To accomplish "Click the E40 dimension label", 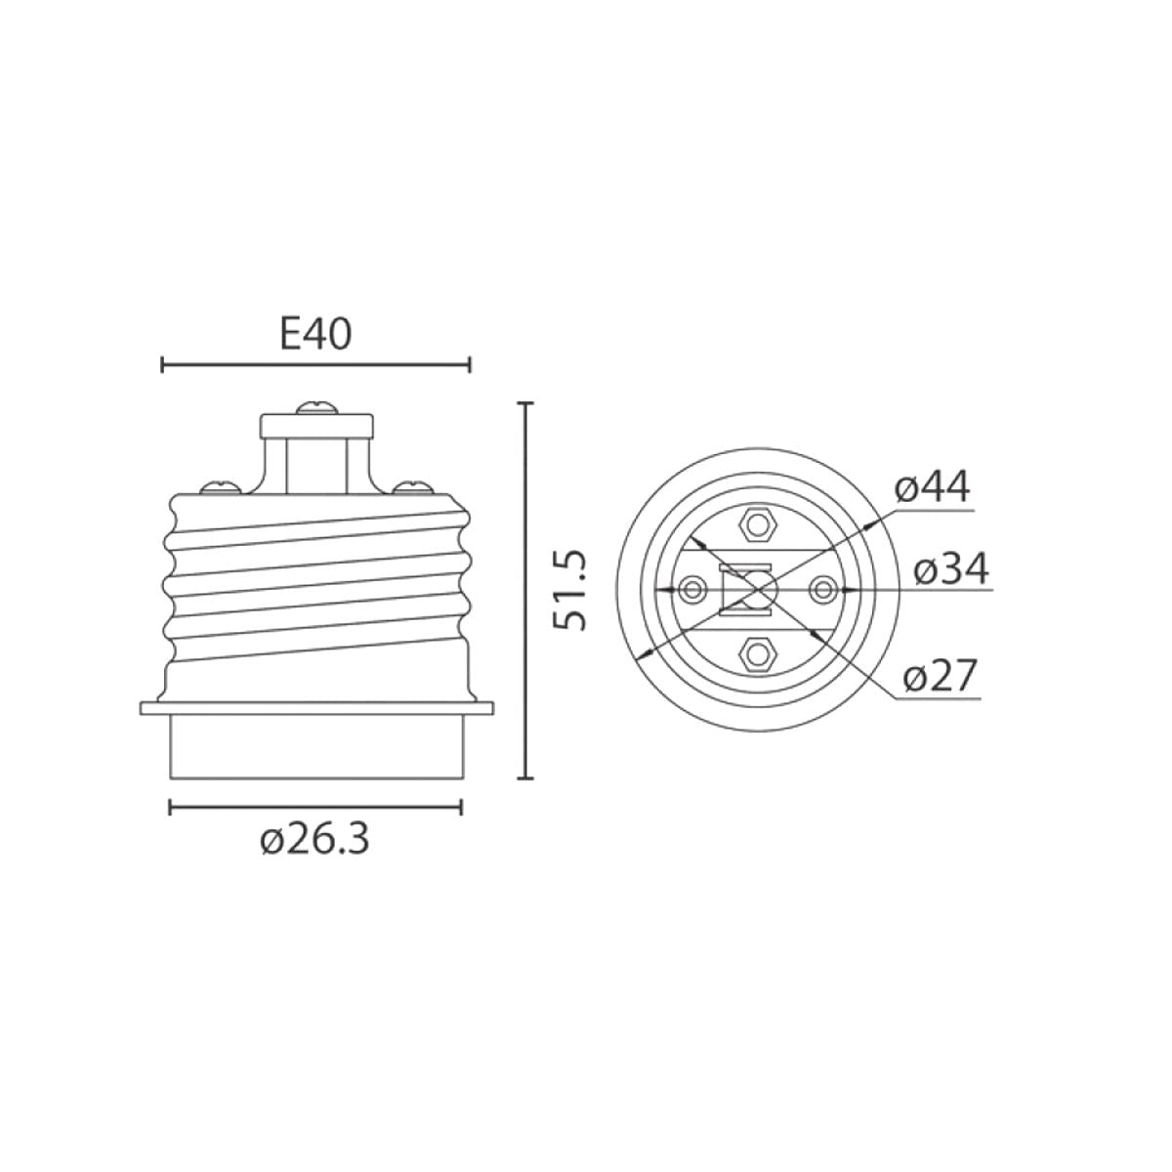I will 315,335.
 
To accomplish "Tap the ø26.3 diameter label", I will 314,840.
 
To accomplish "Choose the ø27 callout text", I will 940,675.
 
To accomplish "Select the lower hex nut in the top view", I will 758,652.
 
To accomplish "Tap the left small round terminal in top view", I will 694,589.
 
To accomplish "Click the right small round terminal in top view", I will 822,589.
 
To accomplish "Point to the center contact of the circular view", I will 758,589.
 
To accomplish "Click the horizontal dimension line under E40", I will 315,365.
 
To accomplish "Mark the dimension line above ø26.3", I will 315,807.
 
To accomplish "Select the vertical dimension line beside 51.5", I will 527,590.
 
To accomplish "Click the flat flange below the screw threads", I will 315,708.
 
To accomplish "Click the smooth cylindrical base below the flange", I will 315,747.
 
